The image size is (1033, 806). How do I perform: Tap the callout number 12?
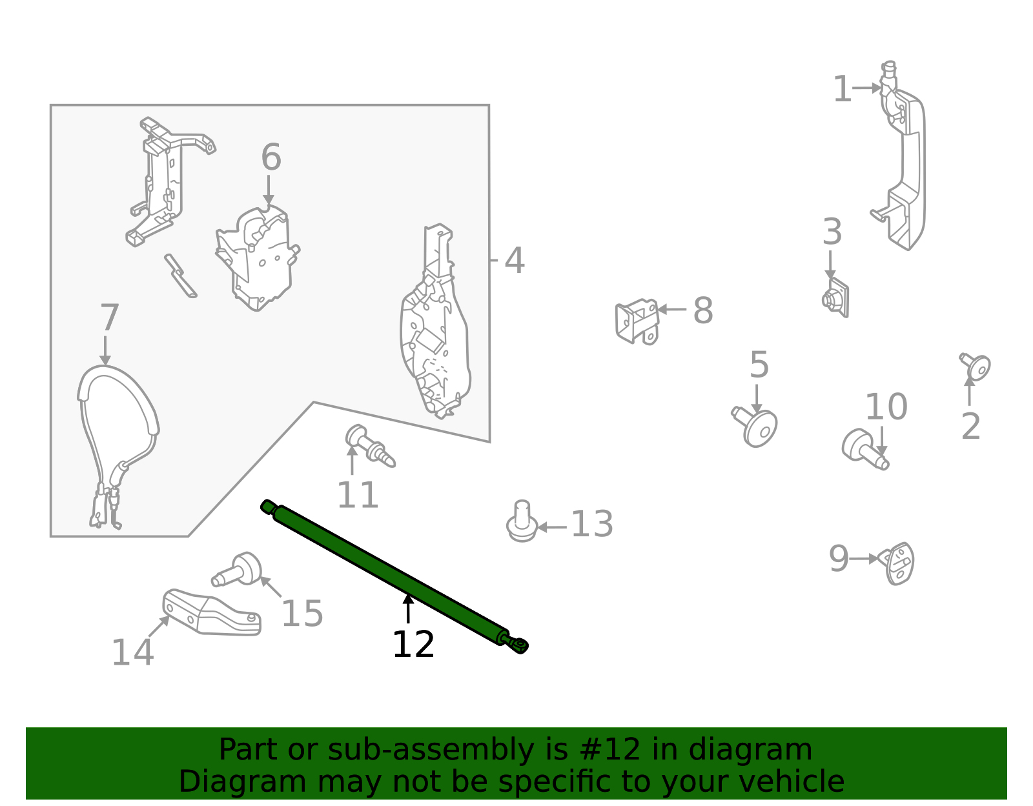click(413, 645)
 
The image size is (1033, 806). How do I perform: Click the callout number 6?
click(271, 157)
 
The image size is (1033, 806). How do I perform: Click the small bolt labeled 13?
click(522, 522)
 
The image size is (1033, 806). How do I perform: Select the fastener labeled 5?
click(757, 427)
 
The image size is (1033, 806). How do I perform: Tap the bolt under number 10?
click(864, 448)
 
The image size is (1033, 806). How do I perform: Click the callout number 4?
click(514, 261)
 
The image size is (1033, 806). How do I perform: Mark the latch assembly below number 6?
click(258, 258)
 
